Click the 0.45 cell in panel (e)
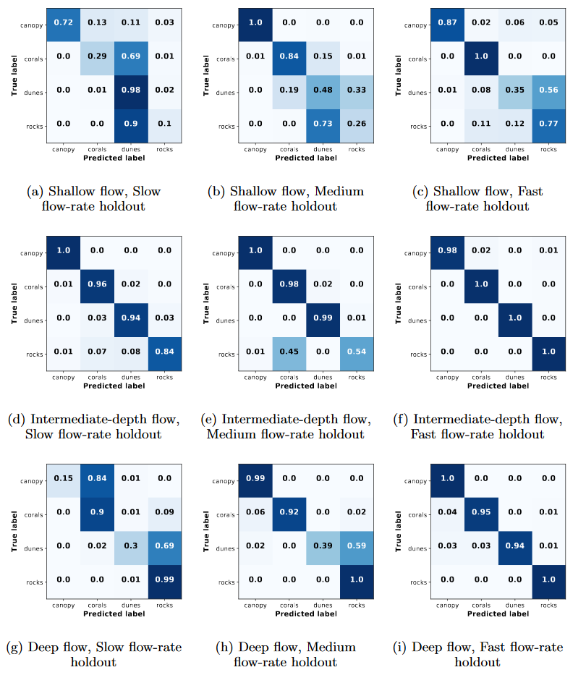click(287, 352)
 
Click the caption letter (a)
click(35, 192)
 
